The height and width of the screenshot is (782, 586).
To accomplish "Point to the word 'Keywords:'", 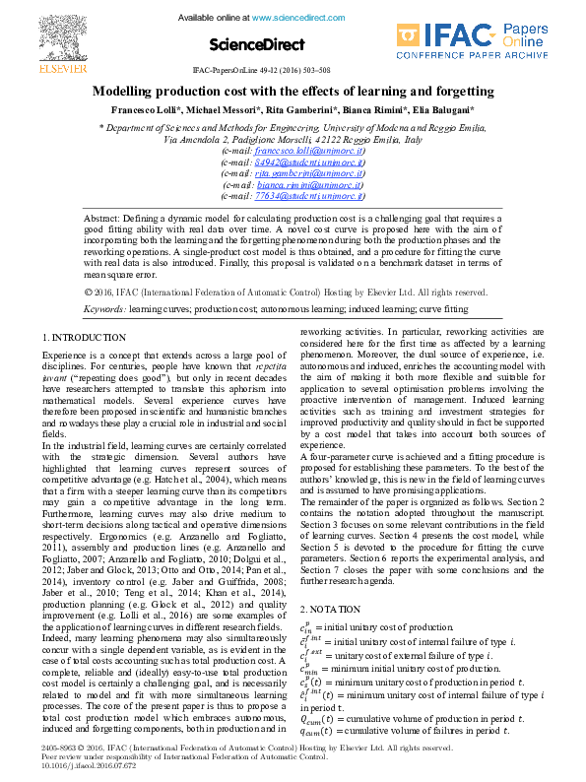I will [x=105, y=308].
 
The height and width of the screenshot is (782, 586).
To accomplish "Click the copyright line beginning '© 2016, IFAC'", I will [x=286, y=292].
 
